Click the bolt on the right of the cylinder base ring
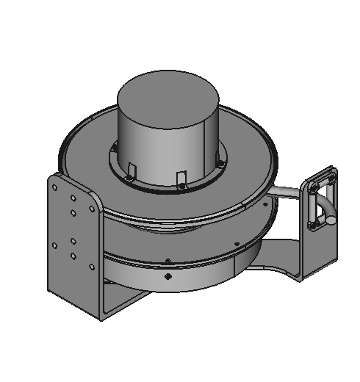point(219,164)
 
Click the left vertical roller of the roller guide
point(309,209)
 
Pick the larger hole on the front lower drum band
point(168,276)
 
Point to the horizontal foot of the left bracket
point(121,301)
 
